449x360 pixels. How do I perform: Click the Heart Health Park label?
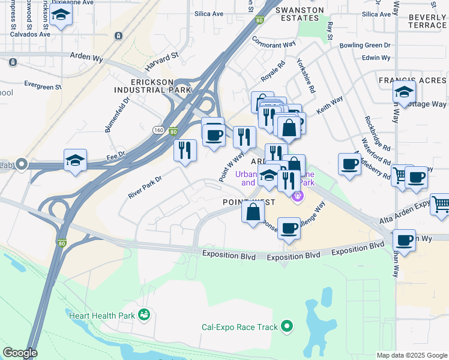(101, 315)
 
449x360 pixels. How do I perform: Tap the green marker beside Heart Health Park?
(143, 314)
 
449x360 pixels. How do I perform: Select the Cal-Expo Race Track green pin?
(287, 327)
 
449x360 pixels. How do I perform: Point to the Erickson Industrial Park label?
(153, 85)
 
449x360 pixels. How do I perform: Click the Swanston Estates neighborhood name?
(299, 14)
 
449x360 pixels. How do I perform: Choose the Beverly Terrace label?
(427, 22)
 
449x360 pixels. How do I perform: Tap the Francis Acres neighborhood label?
(412, 80)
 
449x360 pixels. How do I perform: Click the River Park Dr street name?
(145, 187)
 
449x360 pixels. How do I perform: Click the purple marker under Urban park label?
(297, 196)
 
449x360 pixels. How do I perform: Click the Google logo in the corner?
(20, 353)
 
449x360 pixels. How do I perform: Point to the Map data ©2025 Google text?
(411, 355)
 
